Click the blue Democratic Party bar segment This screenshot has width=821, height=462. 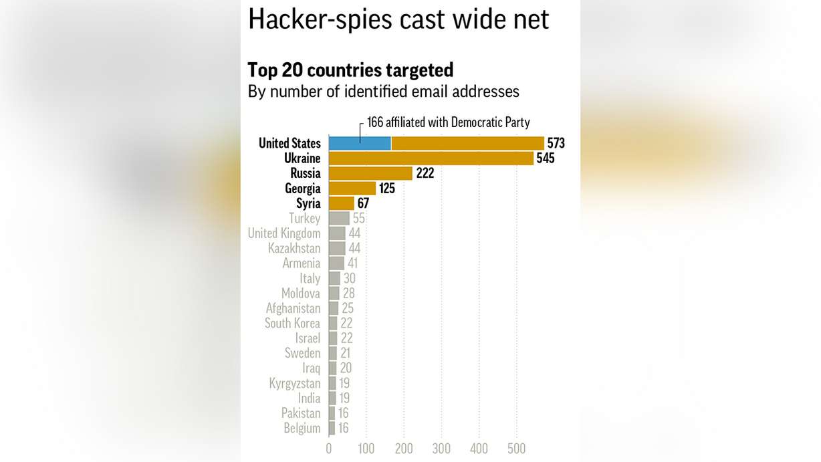(360, 143)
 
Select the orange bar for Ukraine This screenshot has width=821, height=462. (431, 158)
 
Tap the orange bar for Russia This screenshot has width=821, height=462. (370, 173)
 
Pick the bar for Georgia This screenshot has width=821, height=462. (352, 189)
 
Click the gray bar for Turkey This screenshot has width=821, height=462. (339, 218)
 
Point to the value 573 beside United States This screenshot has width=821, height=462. (556, 143)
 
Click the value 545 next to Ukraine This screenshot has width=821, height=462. (545, 158)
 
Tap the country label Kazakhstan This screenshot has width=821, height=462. (294, 248)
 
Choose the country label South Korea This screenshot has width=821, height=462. (292, 323)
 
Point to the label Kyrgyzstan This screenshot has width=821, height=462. (295, 383)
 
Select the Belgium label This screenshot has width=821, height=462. (302, 428)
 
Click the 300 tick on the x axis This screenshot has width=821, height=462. (441, 449)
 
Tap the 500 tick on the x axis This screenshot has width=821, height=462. (516, 449)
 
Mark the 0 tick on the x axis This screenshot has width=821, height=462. (329, 449)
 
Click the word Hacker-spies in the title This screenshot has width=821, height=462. (320, 19)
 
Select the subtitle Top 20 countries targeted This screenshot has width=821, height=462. (350, 70)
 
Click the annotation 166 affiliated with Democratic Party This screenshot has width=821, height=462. (448, 122)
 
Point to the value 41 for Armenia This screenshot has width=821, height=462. (353, 263)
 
